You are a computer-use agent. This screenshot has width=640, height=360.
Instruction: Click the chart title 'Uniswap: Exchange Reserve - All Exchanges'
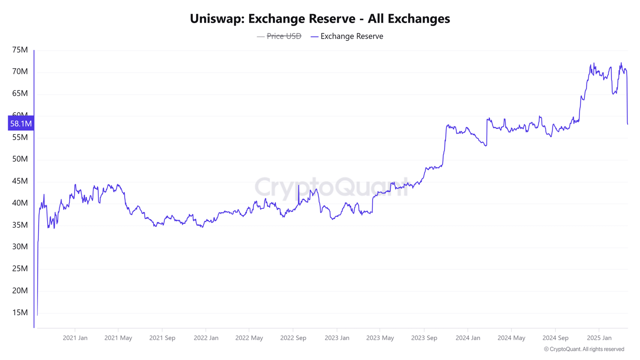pos(320,18)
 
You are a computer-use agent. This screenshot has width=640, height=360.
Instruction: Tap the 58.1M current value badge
pos(21,124)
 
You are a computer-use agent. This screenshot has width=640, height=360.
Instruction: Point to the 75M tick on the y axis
pos(20,50)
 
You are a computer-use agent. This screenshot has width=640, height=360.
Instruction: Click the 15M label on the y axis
pos(20,312)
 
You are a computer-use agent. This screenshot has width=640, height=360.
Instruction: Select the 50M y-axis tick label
pos(20,159)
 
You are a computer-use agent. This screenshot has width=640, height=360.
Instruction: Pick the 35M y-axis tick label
pos(20,225)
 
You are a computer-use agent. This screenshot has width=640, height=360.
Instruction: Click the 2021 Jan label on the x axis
pos(75,338)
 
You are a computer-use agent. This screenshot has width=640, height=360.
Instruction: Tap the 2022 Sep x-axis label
pos(293,338)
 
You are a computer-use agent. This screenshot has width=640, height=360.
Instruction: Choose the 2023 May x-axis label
pos(380,338)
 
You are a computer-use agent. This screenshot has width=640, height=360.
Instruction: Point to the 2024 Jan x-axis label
pos(468,338)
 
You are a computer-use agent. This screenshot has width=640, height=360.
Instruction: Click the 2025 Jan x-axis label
pos(599,338)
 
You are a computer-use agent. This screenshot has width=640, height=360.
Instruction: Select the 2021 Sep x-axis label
pos(162,338)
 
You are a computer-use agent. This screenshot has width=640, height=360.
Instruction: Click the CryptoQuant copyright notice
pos(584,349)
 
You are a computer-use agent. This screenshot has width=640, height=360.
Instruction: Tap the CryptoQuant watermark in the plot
pos(331,187)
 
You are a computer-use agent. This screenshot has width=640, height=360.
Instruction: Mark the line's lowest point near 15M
pos(38,315)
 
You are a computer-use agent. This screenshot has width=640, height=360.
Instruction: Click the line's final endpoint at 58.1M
pos(628,124)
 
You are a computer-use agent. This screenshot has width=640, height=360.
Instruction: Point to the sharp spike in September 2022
pos(298,186)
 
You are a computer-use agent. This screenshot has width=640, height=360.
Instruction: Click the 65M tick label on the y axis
pos(20,94)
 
